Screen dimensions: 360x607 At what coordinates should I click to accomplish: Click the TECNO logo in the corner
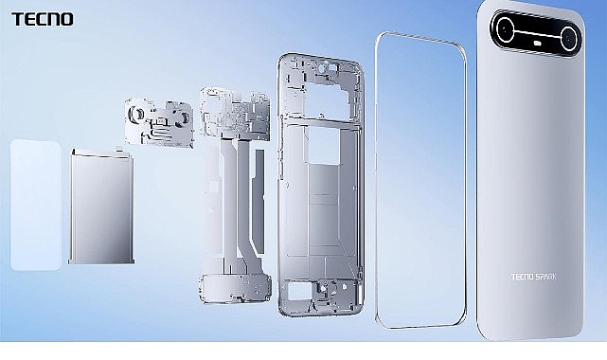[42, 18]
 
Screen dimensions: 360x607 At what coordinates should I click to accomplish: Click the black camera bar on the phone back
[536, 33]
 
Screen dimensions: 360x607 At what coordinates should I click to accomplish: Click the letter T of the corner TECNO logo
[17, 18]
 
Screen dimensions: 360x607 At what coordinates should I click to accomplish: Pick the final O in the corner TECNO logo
[68, 18]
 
